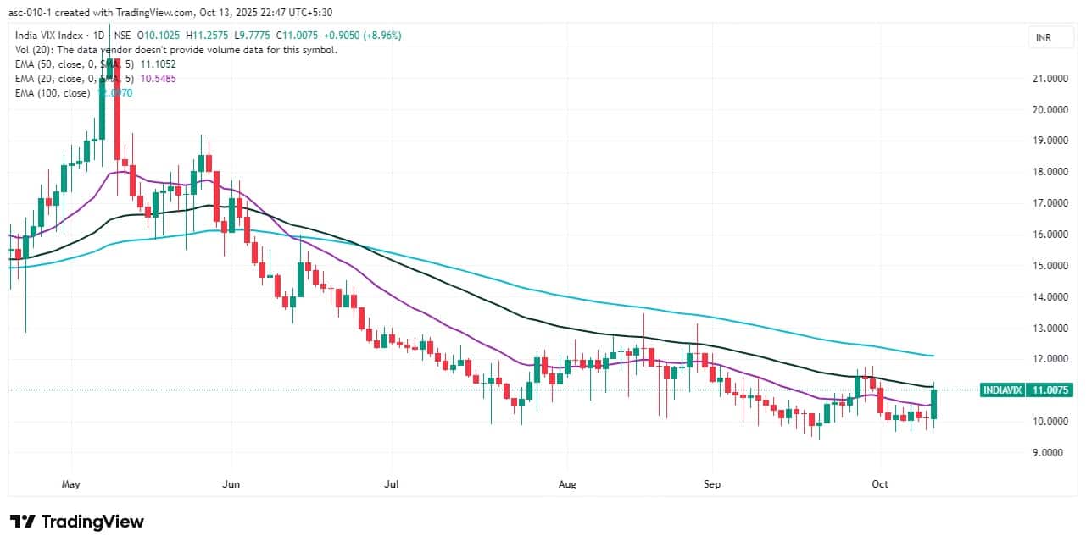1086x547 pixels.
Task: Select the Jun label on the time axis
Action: (231, 485)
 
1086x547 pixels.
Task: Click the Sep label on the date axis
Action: (712, 485)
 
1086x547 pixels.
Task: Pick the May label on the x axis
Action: (71, 485)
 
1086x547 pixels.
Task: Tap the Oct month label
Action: (881, 485)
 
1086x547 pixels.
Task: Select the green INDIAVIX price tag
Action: (1026, 390)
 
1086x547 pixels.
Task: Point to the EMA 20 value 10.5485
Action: (159, 78)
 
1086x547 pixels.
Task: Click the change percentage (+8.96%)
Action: (380, 35)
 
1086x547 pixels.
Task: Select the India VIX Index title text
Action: (52, 35)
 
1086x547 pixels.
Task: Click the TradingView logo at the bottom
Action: (77, 522)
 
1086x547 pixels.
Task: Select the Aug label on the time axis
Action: (567, 485)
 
